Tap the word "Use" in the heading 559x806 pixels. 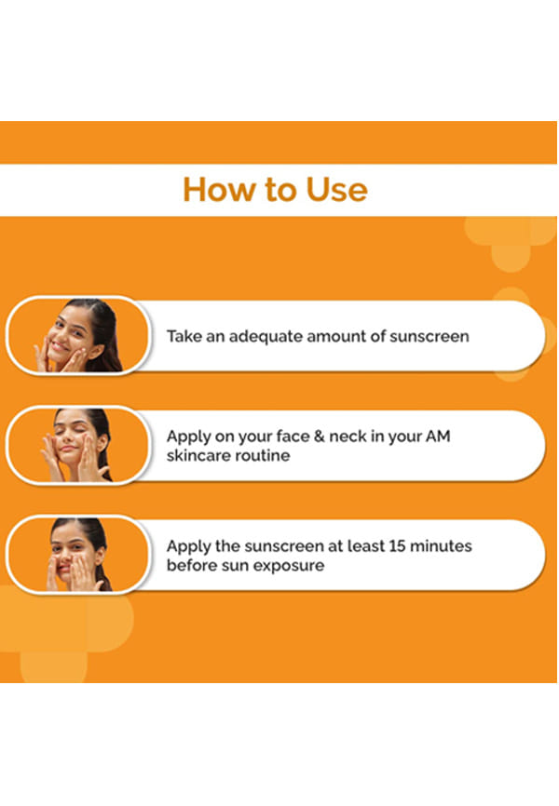pos(336,190)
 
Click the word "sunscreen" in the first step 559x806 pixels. pos(429,337)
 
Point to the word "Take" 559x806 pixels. pos(184,336)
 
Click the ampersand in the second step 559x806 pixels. pos(320,437)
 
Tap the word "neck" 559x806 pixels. pos(348,437)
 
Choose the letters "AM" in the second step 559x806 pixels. pos(438,437)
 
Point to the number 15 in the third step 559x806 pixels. pos(397,546)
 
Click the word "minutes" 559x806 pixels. pos(441,546)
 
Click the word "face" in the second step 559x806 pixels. pos(293,437)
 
